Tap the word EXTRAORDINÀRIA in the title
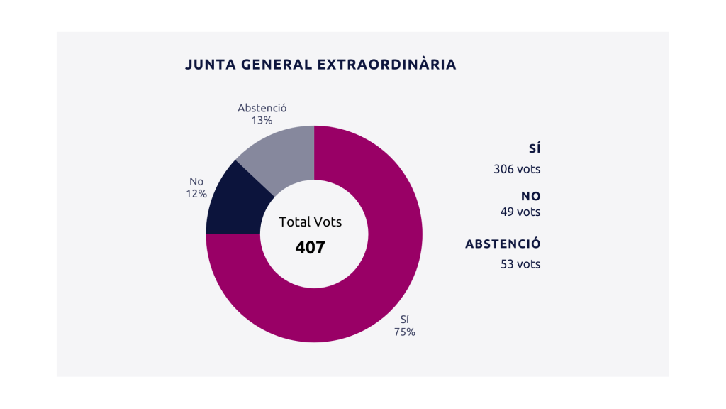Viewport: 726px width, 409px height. tap(386, 65)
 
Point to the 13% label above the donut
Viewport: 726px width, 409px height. tap(262, 121)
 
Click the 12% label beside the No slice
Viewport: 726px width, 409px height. tap(196, 193)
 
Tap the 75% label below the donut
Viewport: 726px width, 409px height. tap(405, 332)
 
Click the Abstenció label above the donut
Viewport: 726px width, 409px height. tap(262, 108)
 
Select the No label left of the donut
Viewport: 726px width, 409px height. tap(196, 181)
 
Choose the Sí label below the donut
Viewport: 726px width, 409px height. tap(405, 320)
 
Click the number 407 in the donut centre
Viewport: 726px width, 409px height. tap(310, 248)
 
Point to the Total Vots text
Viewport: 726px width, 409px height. tap(310, 222)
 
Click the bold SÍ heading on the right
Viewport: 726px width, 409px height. tap(534, 148)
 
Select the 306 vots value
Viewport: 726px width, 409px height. tap(517, 169)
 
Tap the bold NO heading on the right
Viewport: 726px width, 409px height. tap(530, 196)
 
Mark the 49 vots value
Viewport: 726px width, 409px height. tap(520, 212)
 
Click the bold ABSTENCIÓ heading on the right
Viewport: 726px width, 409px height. tap(503, 244)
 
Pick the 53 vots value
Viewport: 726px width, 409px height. tap(520, 264)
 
